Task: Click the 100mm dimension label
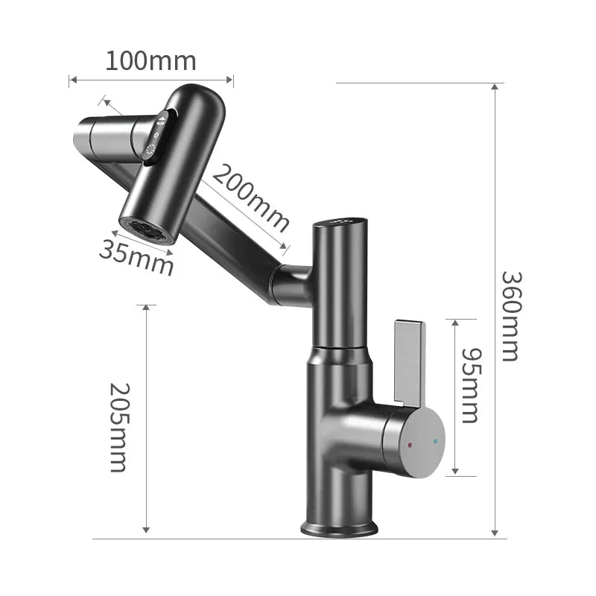point(150,60)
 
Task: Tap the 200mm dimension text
point(250,197)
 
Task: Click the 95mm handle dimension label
point(469,384)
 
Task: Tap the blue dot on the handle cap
point(435,441)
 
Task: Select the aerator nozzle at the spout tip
point(148,229)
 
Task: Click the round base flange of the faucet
point(339,528)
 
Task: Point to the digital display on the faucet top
point(339,221)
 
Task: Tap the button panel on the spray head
point(157,136)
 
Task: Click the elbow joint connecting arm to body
point(292,283)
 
